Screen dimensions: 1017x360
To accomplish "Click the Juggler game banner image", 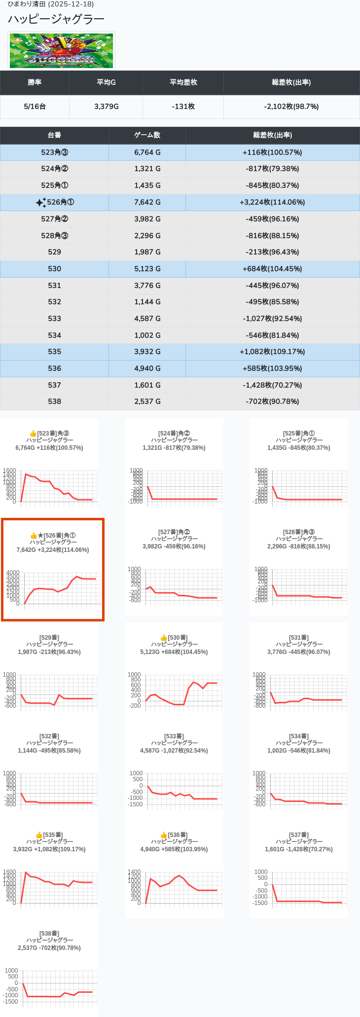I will pyautogui.click(x=62, y=51).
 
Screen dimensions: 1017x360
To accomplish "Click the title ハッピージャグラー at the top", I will pyautogui.click(x=56, y=19).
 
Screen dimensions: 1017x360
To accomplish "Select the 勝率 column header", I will pyautogui.click(x=35, y=82).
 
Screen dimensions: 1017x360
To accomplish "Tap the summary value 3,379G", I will pyautogui.click(x=106, y=107).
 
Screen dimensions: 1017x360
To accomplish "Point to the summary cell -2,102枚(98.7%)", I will pyautogui.click(x=291, y=107).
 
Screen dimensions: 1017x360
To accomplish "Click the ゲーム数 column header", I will pyautogui.click(x=147, y=135).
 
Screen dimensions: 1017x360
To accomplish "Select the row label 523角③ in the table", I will pyautogui.click(x=54, y=152).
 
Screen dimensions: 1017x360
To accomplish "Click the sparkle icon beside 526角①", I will pyautogui.click(x=41, y=202).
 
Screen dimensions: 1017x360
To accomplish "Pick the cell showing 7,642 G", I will pyautogui.click(x=147, y=202).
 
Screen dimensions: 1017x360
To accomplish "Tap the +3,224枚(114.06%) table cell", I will pyautogui.click(x=272, y=202).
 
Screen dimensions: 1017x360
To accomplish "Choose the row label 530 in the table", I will pyautogui.click(x=54, y=269).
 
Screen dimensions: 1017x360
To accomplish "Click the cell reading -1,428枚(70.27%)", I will pyautogui.click(x=272, y=385).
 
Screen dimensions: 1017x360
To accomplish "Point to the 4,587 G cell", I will pyautogui.click(x=147, y=319).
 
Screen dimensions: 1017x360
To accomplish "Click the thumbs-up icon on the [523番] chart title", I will pyautogui.click(x=33, y=434).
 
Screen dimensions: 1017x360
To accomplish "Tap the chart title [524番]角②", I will pyautogui.click(x=174, y=434).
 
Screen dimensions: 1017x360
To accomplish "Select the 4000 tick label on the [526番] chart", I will pyautogui.click(x=13, y=573).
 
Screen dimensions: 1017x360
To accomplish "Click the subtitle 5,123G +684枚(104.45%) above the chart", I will pyautogui.click(x=174, y=652).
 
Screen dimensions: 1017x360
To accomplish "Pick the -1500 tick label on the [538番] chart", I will pyautogui.click(x=11, y=1002).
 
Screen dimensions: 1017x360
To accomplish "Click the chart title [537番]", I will pyautogui.click(x=299, y=835).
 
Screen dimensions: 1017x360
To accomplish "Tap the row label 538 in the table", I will pyautogui.click(x=54, y=401).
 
